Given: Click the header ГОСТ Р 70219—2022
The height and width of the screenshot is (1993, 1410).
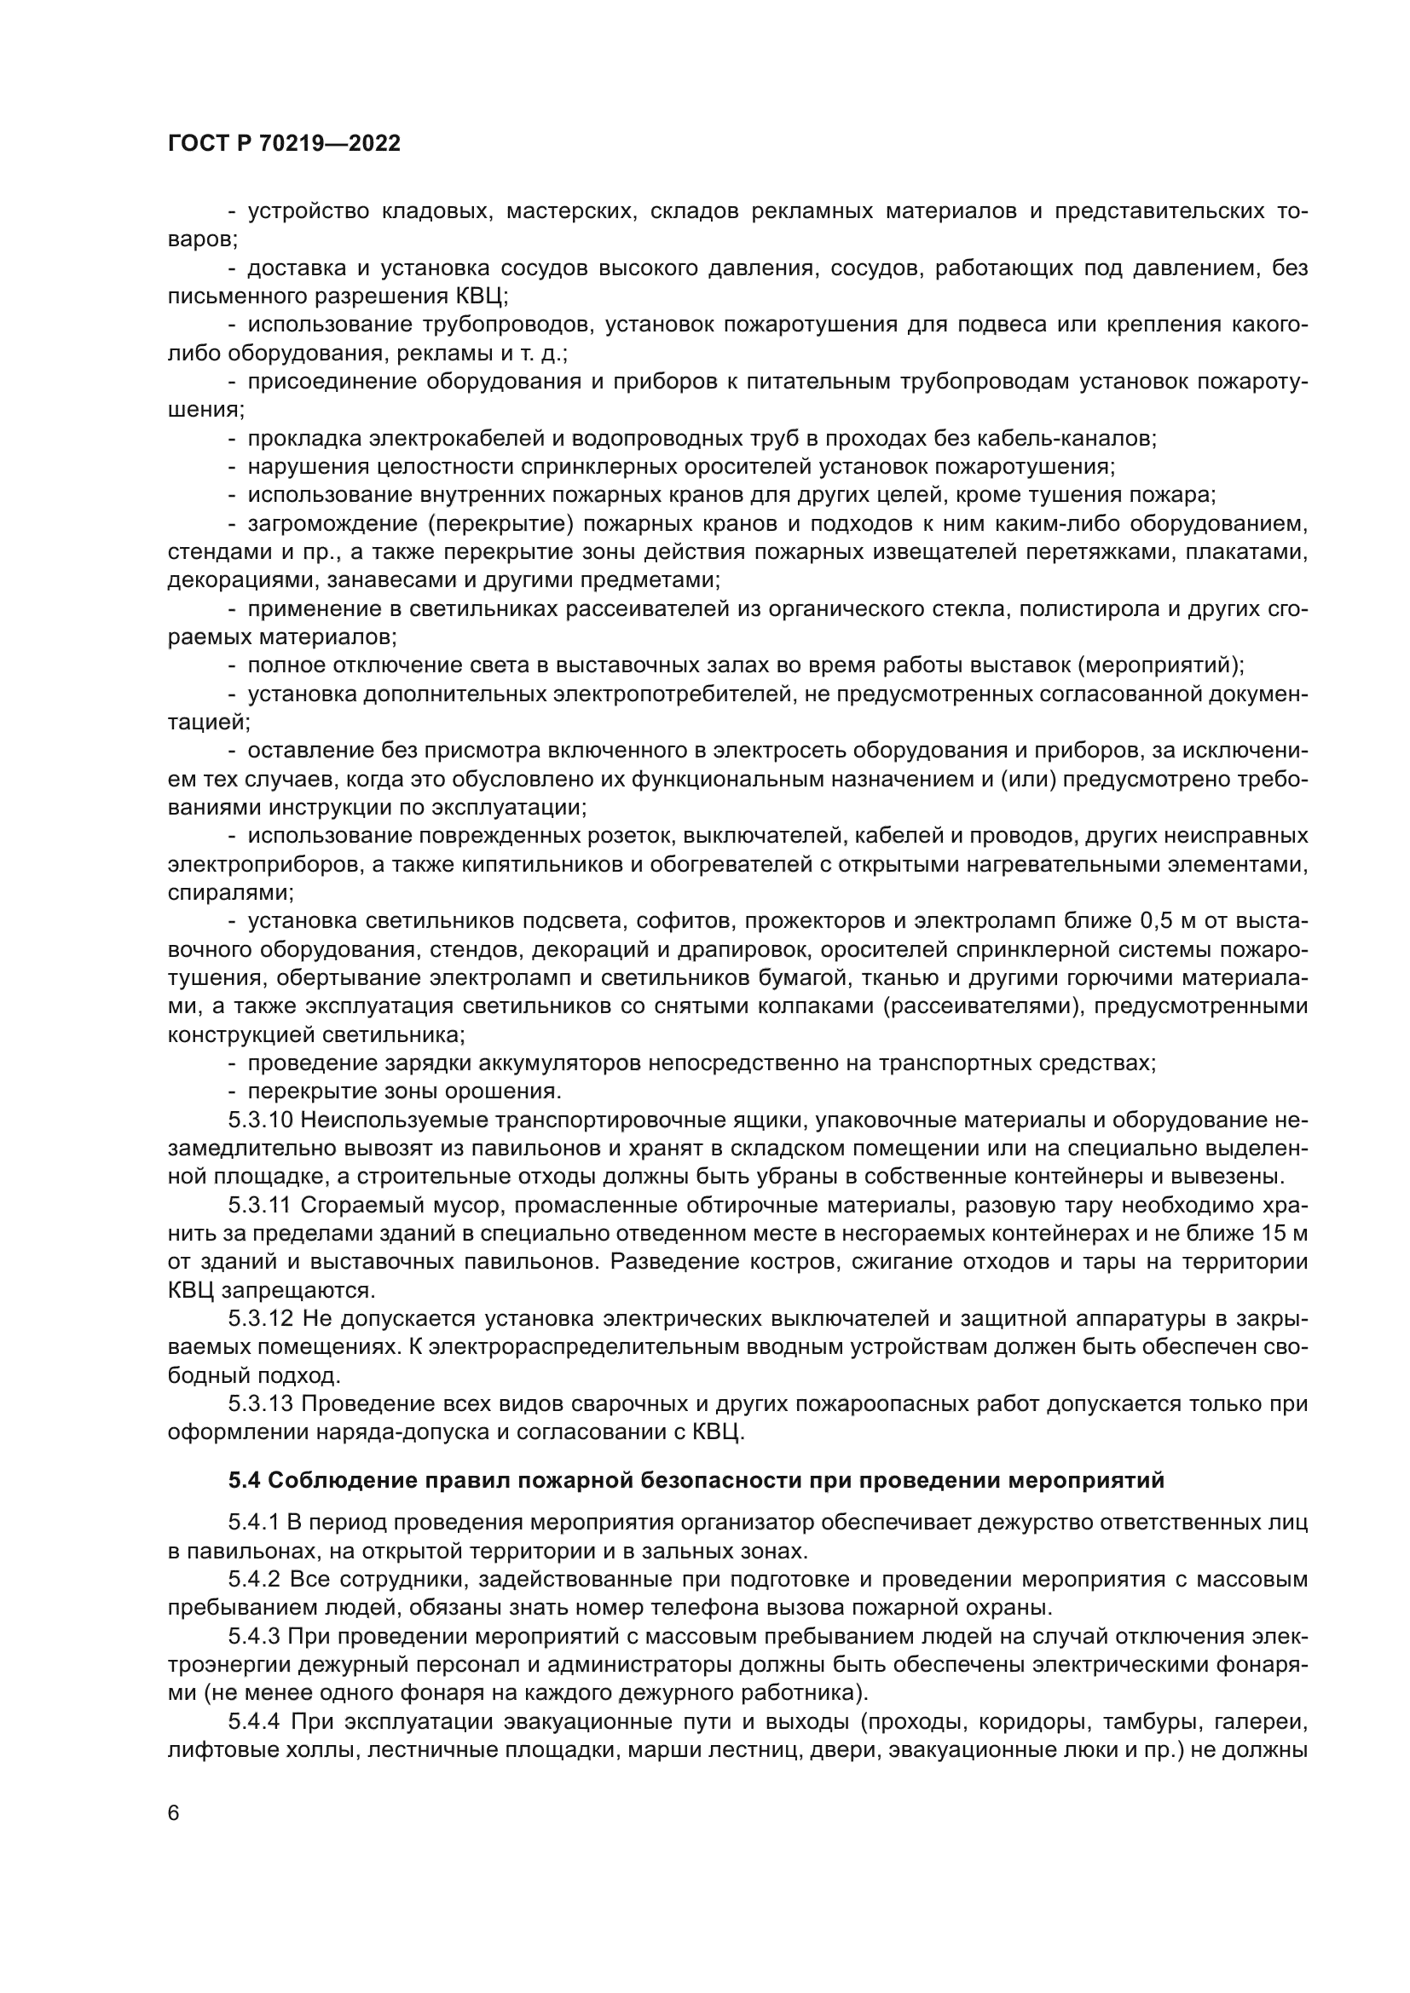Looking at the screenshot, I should click(284, 144).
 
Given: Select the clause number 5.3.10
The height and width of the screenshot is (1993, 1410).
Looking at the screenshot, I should click(262, 1120).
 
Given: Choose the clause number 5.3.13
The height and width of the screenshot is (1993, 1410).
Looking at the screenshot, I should click(262, 1404).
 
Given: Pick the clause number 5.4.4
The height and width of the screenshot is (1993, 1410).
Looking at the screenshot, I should click(254, 1722).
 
